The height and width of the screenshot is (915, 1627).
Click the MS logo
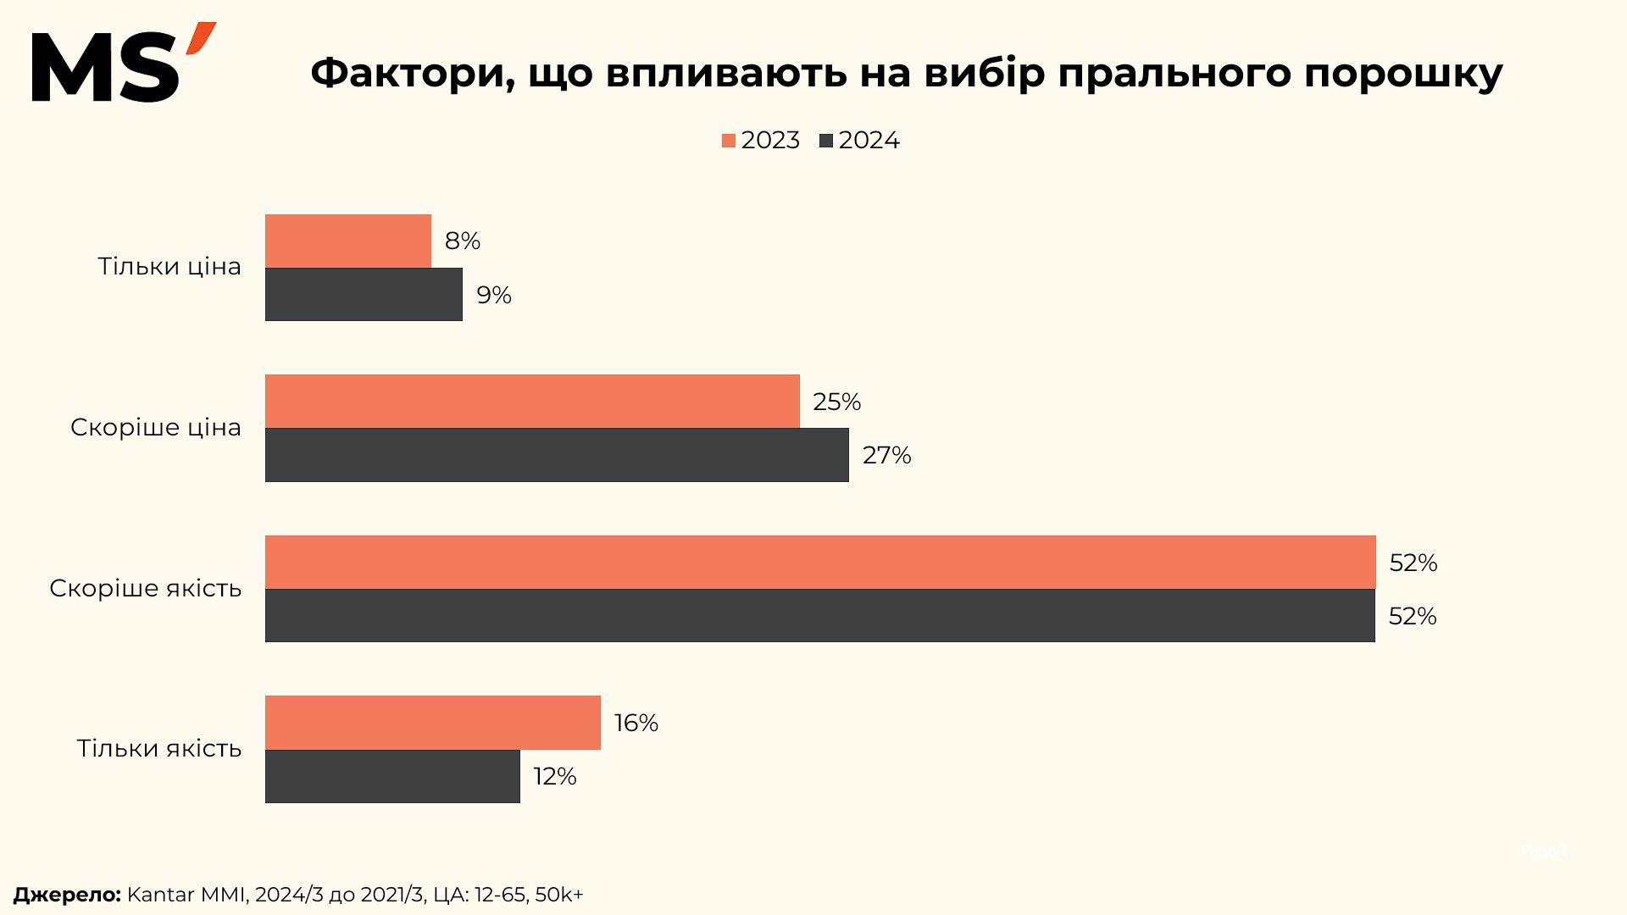click(x=123, y=64)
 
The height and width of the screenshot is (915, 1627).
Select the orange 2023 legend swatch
click(x=729, y=141)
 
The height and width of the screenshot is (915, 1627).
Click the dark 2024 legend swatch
click(x=826, y=141)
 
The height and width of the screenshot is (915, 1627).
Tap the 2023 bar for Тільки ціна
click(x=347, y=241)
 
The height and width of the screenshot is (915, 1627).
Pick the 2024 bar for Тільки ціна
click(x=364, y=295)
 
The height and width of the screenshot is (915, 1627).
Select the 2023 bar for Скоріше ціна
click(x=532, y=402)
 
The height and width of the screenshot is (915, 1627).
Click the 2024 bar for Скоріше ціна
click(x=557, y=455)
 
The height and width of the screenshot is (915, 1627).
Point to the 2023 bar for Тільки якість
click(x=432, y=723)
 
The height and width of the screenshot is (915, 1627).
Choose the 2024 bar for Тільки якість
click(x=392, y=776)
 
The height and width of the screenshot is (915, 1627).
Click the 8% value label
click(x=463, y=241)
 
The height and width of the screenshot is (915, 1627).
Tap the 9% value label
click(x=494, y=295)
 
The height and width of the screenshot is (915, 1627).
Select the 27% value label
click(x=886, y=456)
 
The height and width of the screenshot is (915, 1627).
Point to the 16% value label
click(x=636, y=723)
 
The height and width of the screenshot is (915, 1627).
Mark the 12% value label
click(x=555, y=776)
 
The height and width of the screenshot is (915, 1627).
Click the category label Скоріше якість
click(x=146, y=588)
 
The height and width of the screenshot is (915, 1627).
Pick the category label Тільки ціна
click(x=169, y=267)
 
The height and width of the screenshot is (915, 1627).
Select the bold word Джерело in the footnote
click(x=67, y=895)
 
